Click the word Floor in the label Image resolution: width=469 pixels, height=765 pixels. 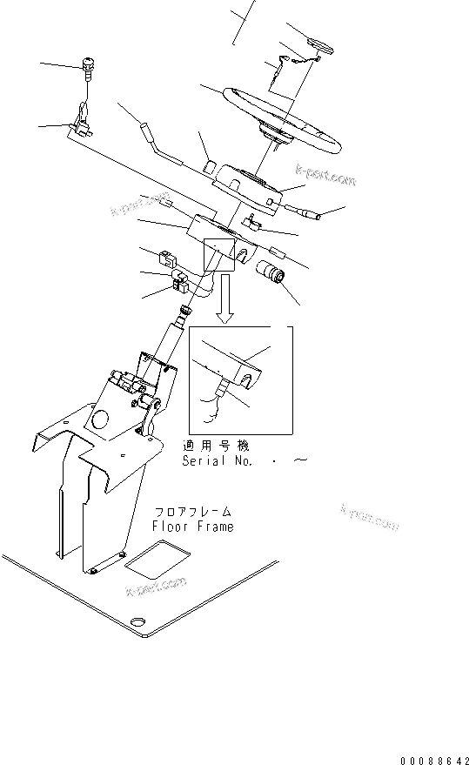tap(170, 527)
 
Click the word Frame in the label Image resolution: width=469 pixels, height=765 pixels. tap(215, 527)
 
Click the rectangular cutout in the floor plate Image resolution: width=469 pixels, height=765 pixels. tap(151, 561)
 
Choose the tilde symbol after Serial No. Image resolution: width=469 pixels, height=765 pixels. tap(300, 460)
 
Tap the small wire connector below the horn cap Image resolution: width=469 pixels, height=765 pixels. tap(284, 64)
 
